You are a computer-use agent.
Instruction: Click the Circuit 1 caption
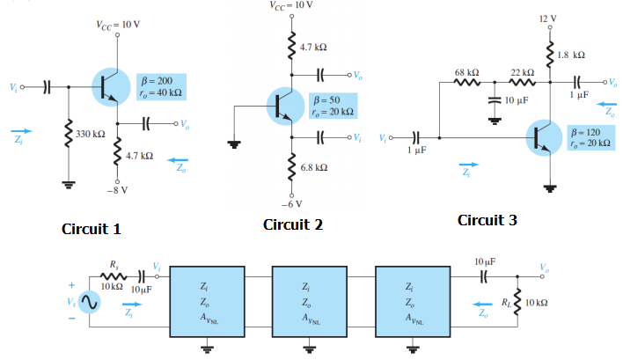click(x=91, y=229)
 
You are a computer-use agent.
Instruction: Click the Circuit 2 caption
click(x=293, y=224)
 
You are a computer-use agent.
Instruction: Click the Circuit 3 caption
click(x=487, y=220)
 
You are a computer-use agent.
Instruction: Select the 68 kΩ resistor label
click(x=466, y=70)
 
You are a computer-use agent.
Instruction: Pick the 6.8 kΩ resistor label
click(x=314, y=166)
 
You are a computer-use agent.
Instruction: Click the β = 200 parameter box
click(x=157, y=86)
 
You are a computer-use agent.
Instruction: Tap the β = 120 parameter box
click(x=586, y=137)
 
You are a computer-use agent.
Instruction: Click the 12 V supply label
click(x=553, y=18)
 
